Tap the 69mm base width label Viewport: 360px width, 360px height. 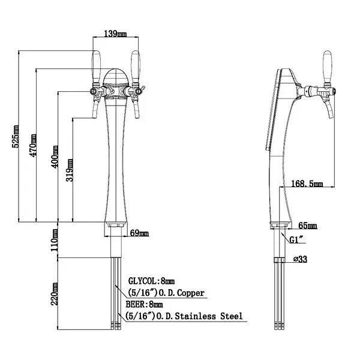pos(139,233)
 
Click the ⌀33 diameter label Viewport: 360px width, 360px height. pos(301,260)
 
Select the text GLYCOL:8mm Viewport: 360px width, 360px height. pos(152,280)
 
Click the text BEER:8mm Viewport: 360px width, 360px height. pos(146,304)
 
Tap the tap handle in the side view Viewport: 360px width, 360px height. pos(328,63)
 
